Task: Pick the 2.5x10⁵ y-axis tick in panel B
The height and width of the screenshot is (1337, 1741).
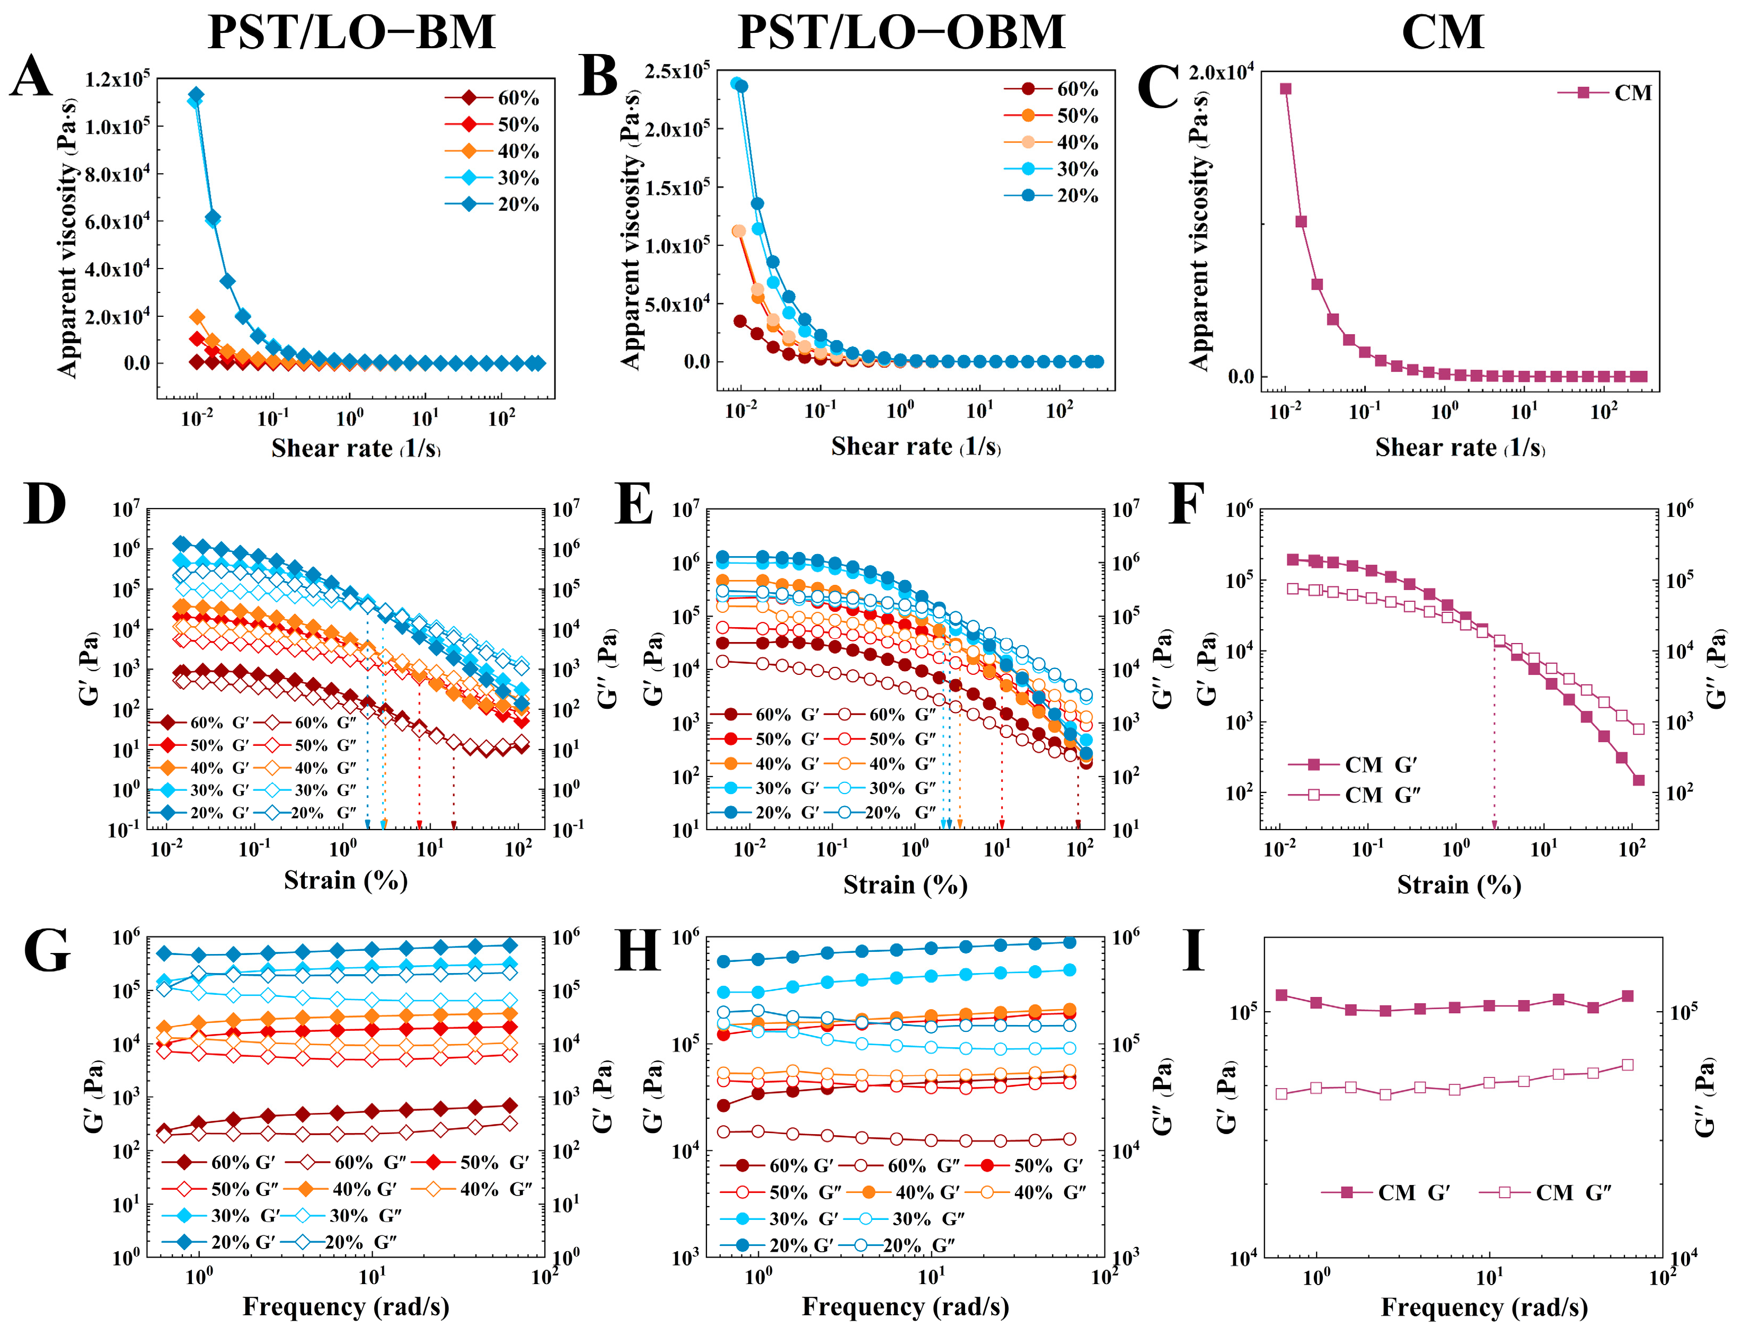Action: [677, 71]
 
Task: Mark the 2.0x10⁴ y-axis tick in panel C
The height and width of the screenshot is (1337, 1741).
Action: [1221, 73]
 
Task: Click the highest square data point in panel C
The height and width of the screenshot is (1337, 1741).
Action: [1285, 89]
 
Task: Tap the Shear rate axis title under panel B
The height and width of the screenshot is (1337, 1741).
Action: [915, 447]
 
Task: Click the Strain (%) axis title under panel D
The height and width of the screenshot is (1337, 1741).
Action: [346, 880]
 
